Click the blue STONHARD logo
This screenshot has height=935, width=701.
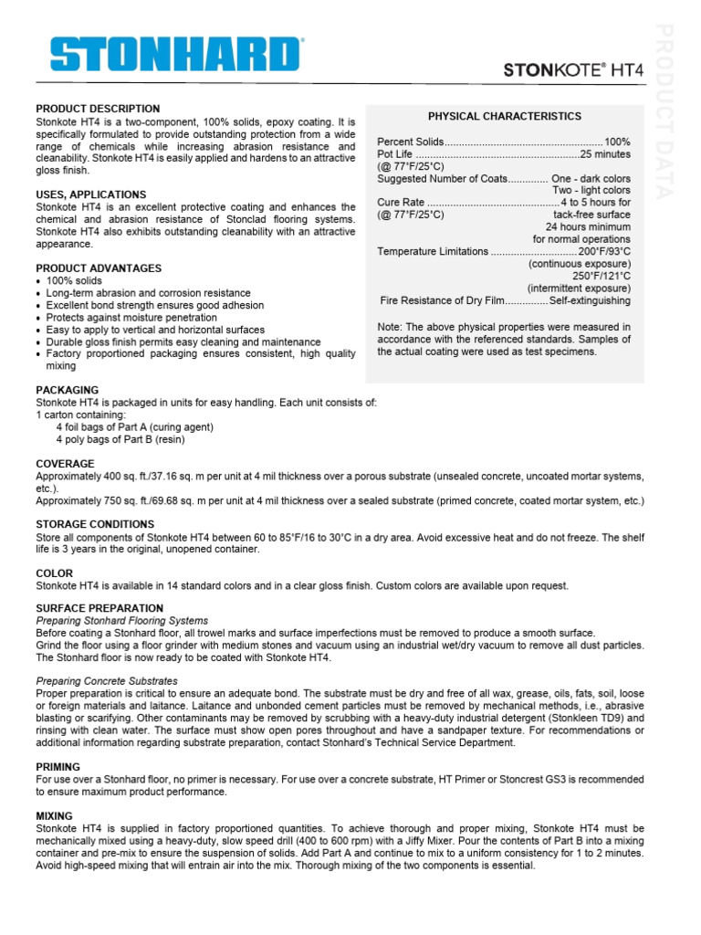pos(176,54)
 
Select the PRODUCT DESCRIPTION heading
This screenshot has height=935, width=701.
pos(98,109)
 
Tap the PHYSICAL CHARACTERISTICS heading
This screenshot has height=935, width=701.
pos(504,117)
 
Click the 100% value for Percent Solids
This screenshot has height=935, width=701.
pos(617,142)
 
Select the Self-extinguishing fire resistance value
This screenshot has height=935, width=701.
pos(590,301)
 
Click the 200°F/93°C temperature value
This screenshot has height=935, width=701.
pos(604,251)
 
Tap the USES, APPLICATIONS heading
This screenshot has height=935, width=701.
pos(90,194)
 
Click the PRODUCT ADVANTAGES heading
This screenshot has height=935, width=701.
pos(98,268)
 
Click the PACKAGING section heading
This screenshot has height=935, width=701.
pos(67,390)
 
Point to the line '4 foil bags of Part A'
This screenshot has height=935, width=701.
pos(134,426)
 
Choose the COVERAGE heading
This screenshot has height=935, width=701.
pos(65,464)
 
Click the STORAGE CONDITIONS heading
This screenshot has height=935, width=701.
pos(95,524)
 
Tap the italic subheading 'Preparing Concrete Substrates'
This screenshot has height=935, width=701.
pos(107,681)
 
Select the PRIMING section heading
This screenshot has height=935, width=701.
pos(58,767)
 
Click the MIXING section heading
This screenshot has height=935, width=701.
pos(55,815)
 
